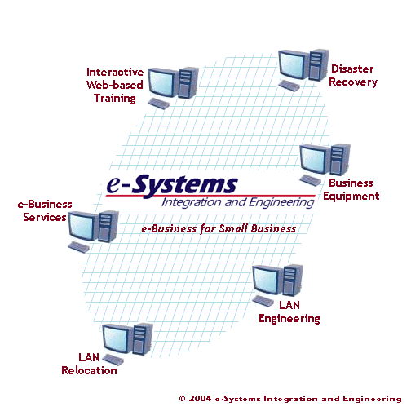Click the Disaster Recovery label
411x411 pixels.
pyautogui.click(x=353, y=76)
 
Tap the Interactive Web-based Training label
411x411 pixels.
pyautogui.click(x=115, y=86)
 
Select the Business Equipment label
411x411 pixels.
pyautogui.click(x=351, y=190)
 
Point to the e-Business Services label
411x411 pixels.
pyautogui.click(x=45, y=211)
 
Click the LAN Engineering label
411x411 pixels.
pyautogui.click(x=289, y=312)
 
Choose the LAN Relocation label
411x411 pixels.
pyautogui.click(x=89, y=365)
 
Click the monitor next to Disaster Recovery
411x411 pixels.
pyautogui.click(x=294, y=64)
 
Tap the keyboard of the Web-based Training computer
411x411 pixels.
pyautogui.click(x=158, y=104)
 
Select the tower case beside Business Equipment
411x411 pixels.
pyautogui.click(x=340, y=159)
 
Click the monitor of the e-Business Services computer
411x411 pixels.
pyautogui.click(x=83, y=227)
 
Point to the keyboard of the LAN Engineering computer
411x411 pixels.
pyautogui.click(x=263, y=301)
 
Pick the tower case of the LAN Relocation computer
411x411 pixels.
pyautogui.click(x=143, y=339)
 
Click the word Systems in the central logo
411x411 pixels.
pyautogui.click(x=185, y=185)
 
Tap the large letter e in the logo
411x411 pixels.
pyautogui.click(x=114, y=184)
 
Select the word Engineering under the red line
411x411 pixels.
pyautogui.click(x=281, y=203)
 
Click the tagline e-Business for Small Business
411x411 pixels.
pyautogui.click(x=219, y=228)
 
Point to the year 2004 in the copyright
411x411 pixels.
pyautogui.click(x=200, y=399)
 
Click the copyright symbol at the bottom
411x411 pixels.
pyautogui.click(x=183, y=399)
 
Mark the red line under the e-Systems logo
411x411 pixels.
pyautogui.click(x=210, y=196)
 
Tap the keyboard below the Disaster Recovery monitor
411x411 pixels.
pyautogui.click(x=289, y=86)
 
